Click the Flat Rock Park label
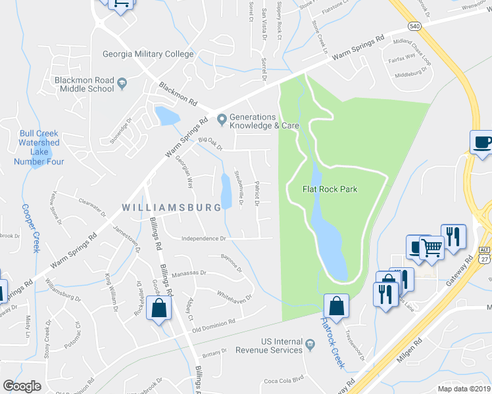pos(330,189)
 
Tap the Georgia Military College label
pos(148,55)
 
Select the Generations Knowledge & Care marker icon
pos(222,120)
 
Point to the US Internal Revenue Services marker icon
pos(310,343)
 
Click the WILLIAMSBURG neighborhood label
pos(171,208)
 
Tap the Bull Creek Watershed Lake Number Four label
pos(39,142)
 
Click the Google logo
pos(22,386)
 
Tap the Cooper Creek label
pos(32,227)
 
